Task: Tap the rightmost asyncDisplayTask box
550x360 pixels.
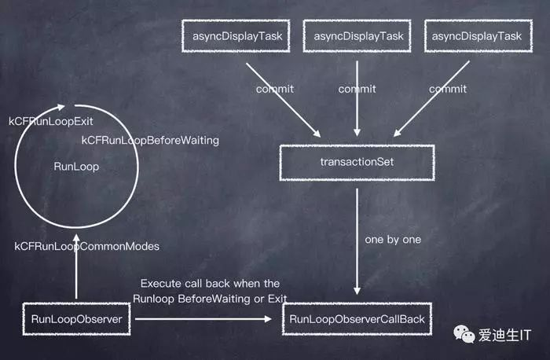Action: point(474,35)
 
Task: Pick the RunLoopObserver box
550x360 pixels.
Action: point(75,319)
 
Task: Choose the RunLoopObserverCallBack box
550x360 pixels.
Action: point(357,319)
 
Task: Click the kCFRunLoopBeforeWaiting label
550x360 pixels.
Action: point(150,140)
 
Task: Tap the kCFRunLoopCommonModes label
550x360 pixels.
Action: point(86,246)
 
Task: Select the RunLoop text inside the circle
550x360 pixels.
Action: point(76,167)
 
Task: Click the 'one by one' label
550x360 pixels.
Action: point(392,239)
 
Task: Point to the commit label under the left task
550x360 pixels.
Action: point(275,89)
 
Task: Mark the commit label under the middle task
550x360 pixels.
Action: point(357,89)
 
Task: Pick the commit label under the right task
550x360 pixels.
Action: point(448,89)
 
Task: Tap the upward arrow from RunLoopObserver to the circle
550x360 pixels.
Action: point(76,267)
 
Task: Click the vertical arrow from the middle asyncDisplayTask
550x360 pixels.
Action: point(357,110)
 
